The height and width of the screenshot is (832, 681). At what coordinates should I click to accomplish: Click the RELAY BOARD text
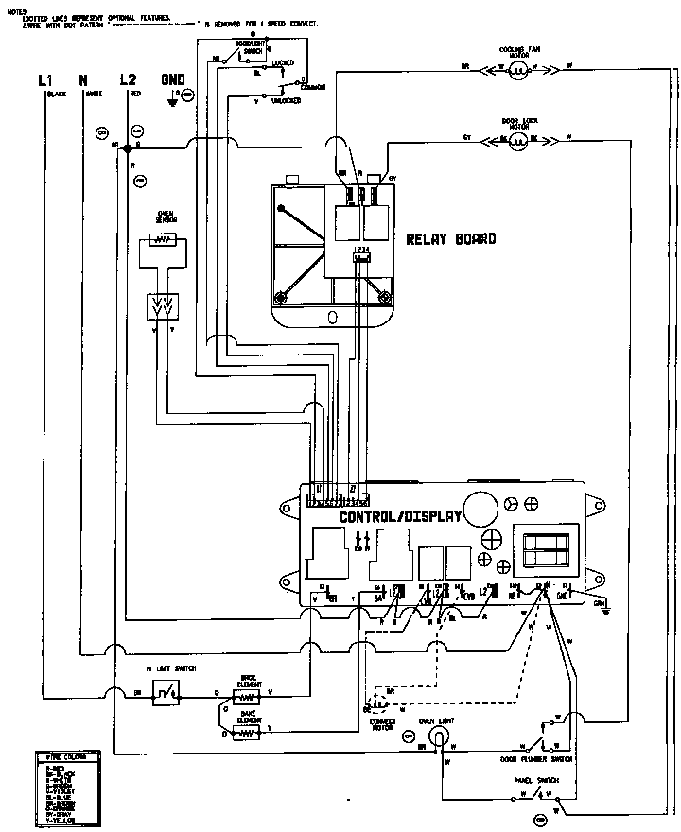450,239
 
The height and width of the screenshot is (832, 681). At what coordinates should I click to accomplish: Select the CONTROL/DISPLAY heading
400,517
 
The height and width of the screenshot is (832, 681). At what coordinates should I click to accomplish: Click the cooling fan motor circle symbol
517,68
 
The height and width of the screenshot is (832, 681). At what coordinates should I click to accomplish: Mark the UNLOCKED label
286,100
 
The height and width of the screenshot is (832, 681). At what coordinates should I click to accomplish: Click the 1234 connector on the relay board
361,252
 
